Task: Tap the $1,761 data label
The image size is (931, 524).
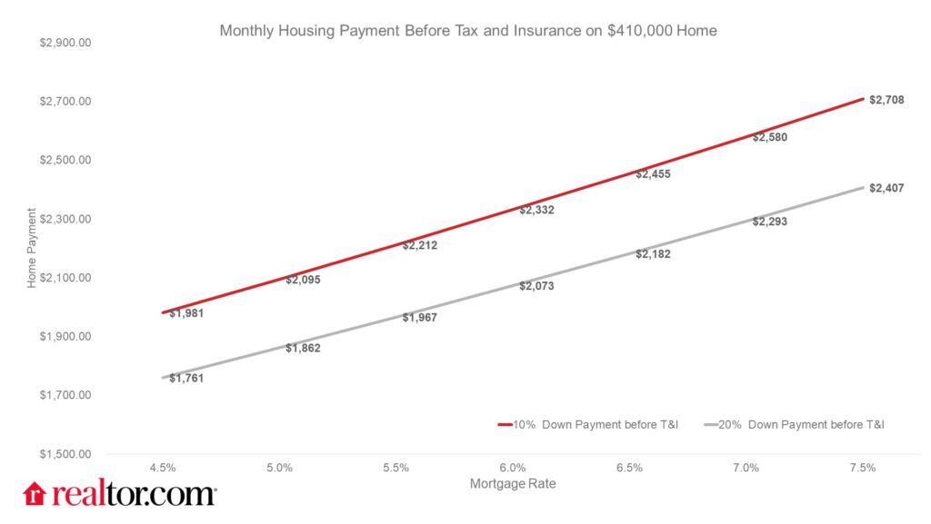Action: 186,378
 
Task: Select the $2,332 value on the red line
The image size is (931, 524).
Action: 536,210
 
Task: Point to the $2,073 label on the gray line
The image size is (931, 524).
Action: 536,286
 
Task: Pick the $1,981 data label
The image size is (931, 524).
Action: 186,313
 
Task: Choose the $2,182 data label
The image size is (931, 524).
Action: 653,254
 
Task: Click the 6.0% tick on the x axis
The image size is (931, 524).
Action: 513,468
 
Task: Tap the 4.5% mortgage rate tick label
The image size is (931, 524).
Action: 163,468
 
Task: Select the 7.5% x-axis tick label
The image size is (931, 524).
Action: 862,468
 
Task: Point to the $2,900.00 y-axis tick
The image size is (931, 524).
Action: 65,43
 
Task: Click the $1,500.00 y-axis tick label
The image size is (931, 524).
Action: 65,454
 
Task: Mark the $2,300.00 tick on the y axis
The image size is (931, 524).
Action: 65,219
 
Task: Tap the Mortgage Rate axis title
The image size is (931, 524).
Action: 512,484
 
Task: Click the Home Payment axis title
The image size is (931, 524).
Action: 32,249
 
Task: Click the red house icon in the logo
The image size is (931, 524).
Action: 35,493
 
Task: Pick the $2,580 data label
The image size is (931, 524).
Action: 770,138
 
